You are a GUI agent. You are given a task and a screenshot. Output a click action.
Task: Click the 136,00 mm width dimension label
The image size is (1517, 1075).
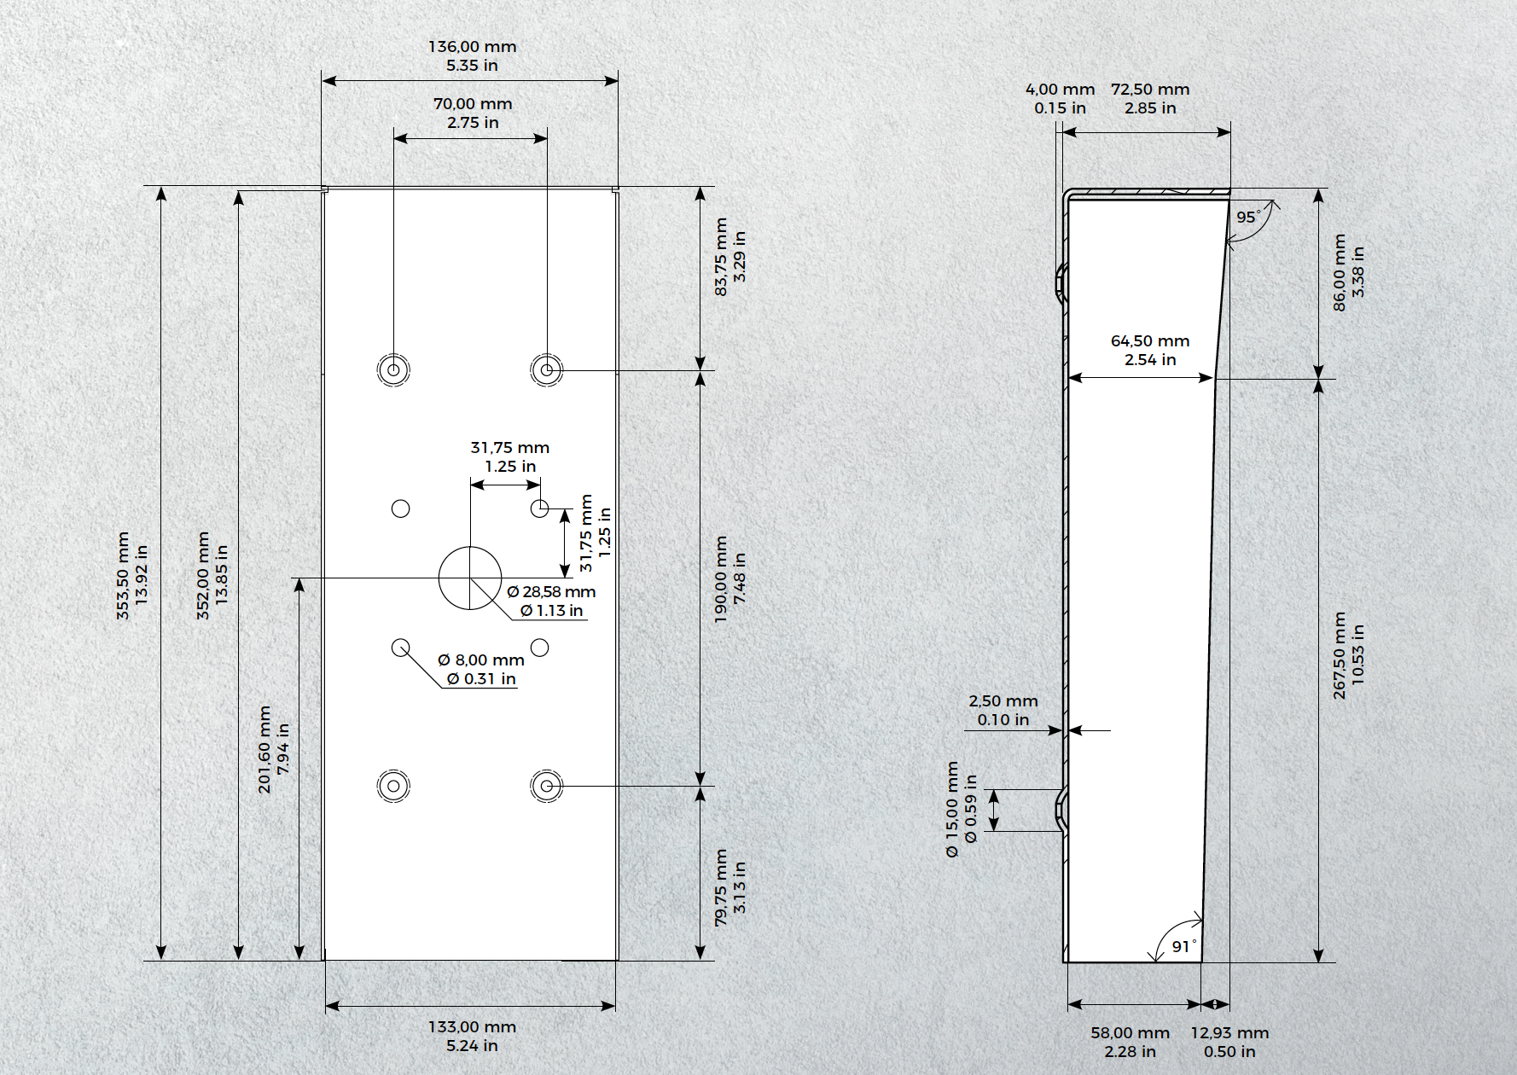[472, 47]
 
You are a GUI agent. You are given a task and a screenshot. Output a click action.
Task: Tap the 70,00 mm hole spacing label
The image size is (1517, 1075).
[473, 104]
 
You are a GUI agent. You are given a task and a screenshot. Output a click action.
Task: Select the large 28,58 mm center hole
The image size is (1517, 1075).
[470, 578]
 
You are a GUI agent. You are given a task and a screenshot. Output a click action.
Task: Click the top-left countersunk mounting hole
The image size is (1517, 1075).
[393, 370]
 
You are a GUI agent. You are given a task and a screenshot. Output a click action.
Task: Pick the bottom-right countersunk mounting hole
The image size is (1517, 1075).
[547, 786]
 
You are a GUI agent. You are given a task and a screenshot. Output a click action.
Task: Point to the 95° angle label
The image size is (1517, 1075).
[1248, 217]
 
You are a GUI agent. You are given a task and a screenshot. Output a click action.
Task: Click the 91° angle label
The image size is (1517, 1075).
[1184, 946]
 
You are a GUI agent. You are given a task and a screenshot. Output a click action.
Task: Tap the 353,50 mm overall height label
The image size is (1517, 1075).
[123, 576]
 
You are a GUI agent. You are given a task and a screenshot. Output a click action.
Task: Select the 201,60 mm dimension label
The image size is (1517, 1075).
[264, 749]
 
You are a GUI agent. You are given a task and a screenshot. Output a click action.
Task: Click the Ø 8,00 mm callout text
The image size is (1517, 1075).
[481, 660]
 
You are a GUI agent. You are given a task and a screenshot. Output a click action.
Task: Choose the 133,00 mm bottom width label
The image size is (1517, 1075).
[472, 1027]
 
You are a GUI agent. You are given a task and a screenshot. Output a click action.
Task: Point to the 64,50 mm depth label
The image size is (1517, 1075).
[1150, 341]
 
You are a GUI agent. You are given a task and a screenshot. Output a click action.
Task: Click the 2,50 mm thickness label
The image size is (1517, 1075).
[1003, 701]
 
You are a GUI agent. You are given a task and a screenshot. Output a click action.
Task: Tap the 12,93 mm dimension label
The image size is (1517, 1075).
[1229, 1033]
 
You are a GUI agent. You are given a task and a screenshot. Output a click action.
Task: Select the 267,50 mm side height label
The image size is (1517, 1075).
[1340, 655]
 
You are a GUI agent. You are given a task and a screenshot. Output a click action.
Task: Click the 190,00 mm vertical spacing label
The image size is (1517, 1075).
[721, 579]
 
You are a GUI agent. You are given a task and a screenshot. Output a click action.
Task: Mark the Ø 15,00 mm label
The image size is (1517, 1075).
[952, 810]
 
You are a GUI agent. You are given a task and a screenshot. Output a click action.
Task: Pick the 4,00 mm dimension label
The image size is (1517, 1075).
[1060, 90]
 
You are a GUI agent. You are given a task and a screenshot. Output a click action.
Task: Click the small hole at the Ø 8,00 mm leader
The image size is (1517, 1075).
[400, 648]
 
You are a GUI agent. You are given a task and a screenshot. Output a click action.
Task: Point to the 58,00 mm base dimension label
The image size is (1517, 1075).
[1130, 1033]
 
